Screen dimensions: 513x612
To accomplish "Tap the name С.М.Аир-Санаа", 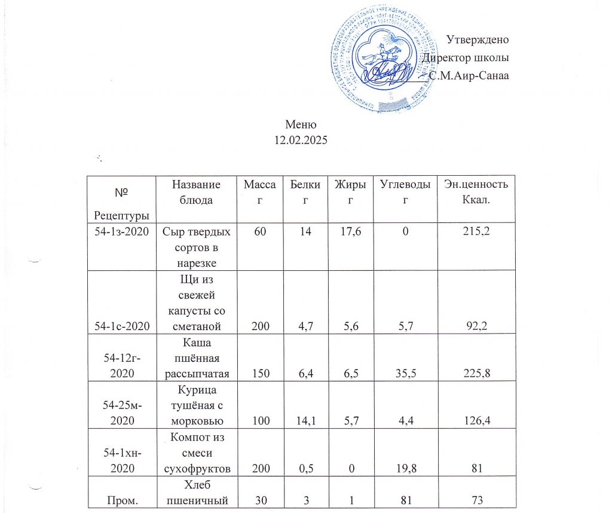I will click(x=469, y=76).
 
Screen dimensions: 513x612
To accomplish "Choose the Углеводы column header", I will click(x=405, y=192).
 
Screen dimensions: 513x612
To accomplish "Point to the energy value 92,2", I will click(x=476, y=326).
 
